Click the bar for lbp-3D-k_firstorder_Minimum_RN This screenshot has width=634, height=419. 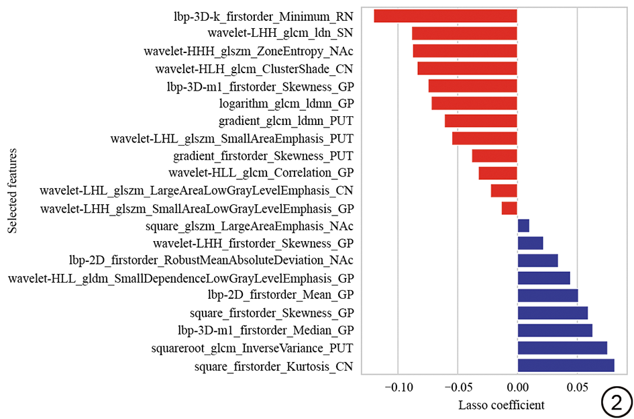[x=445, y=15]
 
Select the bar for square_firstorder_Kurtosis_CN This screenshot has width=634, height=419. [x=566, y=365]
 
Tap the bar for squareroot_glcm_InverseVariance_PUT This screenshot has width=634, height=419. [x=562, y=348]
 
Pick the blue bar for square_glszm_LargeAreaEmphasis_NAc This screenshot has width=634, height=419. [x=523, y=226]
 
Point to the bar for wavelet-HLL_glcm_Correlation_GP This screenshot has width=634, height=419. [x=498, y=173]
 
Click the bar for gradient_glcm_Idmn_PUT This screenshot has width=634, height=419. [x=480, y=121]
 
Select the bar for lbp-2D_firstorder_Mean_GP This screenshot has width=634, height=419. [x=547, y=295]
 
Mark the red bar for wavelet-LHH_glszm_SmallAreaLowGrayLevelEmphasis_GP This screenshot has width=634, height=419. [x=509, y=208]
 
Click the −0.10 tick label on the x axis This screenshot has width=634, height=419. [x=399, y=387]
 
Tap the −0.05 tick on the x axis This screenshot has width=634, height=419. [x=458, y=387]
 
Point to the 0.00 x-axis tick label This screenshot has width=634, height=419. [x=517, y=387]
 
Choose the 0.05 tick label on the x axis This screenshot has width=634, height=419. [x=577, y=387]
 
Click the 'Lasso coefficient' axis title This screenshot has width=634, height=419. [x=501, y=406]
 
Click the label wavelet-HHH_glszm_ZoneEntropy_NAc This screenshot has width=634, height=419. [x=249, y=51]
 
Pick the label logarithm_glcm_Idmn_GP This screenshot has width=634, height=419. [x=286, y=103]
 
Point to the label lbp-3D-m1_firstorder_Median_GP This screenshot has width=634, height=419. [x=265, y=330]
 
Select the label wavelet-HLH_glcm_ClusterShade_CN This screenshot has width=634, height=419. [x=254, y=68]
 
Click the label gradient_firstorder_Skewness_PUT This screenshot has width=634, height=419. [x=263, y=156]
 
